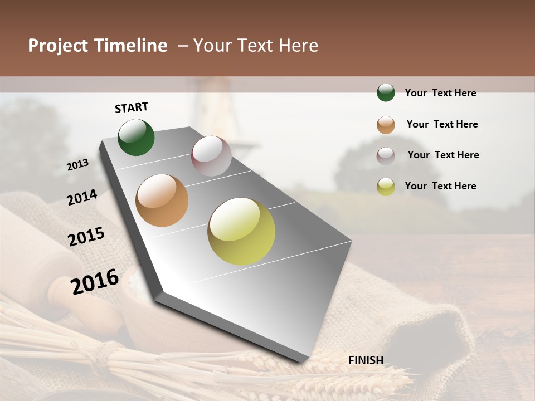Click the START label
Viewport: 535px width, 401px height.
[x=132, y=107]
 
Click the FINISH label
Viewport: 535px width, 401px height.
[x=366, y=360]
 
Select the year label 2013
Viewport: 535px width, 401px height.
[x=78, y=165]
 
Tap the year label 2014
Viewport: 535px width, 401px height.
[x=82, y=198]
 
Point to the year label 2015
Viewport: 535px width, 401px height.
[x=86, y=237]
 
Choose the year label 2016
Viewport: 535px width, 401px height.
[x=95, y=281]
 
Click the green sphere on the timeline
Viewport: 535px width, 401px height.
[x=137, y=138]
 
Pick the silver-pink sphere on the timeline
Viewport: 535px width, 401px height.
[x=211, y=156]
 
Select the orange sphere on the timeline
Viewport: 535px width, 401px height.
[x=162, y=200]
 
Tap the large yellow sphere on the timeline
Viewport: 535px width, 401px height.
[x=241, y=231]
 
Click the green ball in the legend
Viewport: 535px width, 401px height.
[x=386, y=92]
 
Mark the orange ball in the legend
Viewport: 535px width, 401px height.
[x=386, y=124]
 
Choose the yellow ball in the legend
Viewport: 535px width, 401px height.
[x=386, y=187]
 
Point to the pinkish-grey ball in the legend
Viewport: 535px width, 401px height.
[x=386, y=155]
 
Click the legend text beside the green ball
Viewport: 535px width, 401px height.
[x=440, y=93]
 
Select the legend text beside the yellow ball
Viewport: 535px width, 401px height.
[x=440, y=186]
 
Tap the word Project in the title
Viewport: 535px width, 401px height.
[x=57, y=46]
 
